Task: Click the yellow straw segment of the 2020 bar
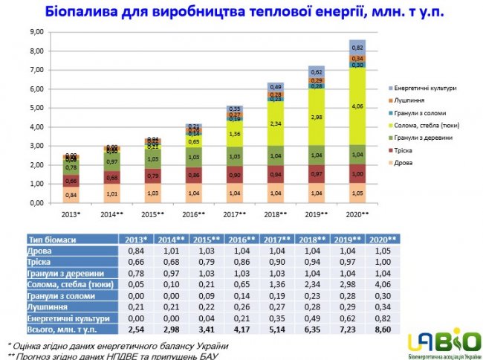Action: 357,106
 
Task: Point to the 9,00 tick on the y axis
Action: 35,32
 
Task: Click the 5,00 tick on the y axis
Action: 35,108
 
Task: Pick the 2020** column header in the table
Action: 382,240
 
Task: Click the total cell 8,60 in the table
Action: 382,328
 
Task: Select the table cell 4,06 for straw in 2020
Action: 382,283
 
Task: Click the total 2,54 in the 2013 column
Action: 134,328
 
